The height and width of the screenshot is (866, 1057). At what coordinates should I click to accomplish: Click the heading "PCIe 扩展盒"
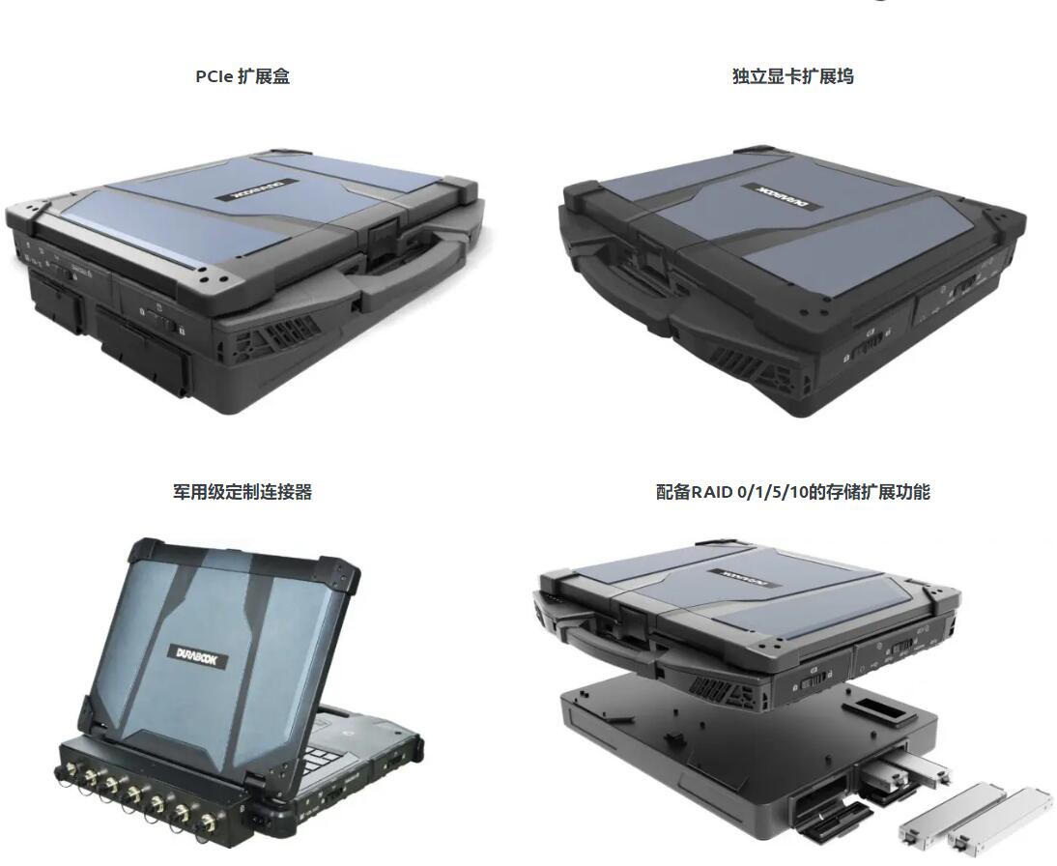(x=243, y=76)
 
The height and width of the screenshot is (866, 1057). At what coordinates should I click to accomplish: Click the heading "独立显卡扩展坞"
(x=792, y=76)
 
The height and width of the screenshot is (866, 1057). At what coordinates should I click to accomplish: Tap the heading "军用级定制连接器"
(x=243, y=492)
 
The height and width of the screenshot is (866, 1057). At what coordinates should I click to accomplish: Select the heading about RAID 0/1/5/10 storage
(x=792, y=492)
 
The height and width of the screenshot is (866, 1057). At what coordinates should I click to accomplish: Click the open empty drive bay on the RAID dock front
(x=818, y=798)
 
